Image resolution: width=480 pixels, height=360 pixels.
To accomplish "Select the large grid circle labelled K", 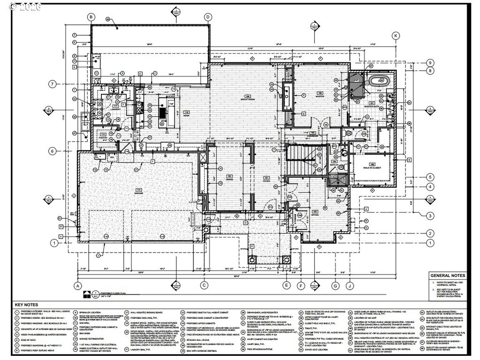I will click(x=396, y=36).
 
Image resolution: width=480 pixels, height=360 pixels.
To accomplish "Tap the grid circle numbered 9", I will click(x=429, y=63).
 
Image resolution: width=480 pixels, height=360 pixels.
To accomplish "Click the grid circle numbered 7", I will click(x=53, y=84).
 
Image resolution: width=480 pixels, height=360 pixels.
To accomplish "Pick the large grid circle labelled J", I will click(x=349, y=285).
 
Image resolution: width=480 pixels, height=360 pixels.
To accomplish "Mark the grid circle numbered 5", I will click(x=429, y=177).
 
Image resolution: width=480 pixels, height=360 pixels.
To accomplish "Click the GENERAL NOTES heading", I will click(x=448, y=276).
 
